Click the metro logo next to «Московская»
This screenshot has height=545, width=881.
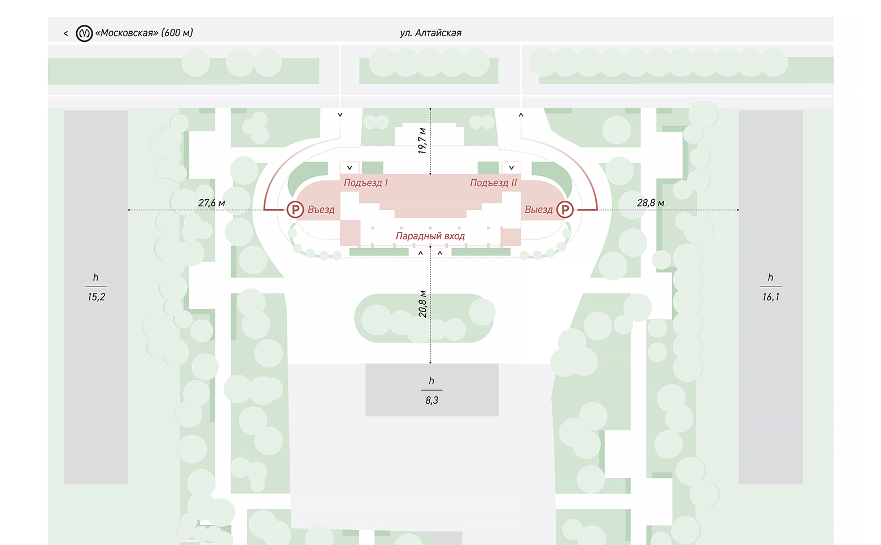tap(84, 33)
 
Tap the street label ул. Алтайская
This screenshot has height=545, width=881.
tap(431, 33)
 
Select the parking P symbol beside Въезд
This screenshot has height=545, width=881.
tap(295, 210)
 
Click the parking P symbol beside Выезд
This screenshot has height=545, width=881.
tap(565, 210)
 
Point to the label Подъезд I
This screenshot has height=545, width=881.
tap(366, 183)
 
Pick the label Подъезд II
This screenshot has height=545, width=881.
tap(494, 183)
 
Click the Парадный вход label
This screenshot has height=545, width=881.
tap(430, 236)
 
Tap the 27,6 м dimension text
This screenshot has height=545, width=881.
tap(212, 203)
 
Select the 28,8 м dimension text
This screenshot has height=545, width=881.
tap(651, 203)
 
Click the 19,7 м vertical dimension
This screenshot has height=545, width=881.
tap(422, 141)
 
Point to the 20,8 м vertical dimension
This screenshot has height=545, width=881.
tap(422, 304)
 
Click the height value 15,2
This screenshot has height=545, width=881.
tap(97, 297)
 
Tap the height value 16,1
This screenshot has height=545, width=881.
tap(770, 297)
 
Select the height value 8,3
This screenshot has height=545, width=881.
tap(431, 400)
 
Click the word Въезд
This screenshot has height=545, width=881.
tap(321, 210)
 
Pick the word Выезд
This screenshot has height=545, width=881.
tap(539, 210)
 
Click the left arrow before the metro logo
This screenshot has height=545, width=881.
tap(66, 34)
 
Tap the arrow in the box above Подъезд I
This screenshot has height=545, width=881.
tap(350, 168)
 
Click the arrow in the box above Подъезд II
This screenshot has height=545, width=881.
tap(511, 168)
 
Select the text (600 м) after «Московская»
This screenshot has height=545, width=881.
tap(177, 33)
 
